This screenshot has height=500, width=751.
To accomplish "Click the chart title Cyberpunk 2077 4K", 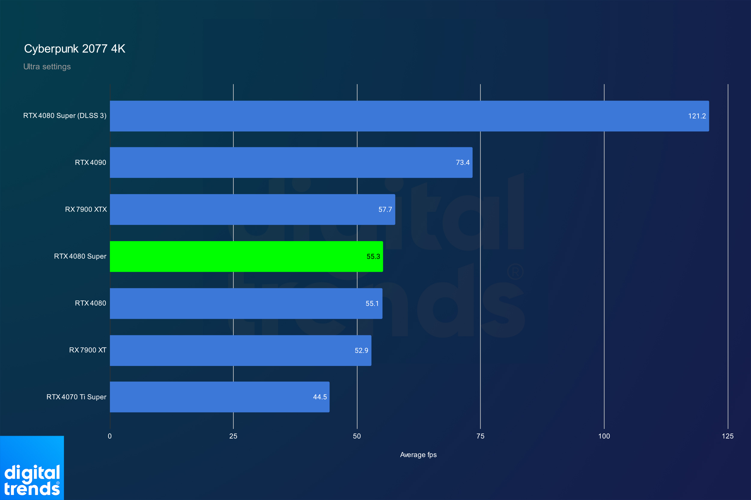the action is click(x=75, y=49).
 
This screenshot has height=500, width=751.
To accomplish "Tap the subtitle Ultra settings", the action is click(x=47, y=67).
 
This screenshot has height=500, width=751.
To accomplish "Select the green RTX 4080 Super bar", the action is click(x=246, y=256).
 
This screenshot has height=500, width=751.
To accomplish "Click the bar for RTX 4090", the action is click(x=291, y=162).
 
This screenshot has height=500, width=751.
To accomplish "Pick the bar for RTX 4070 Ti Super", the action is click(x=220, y=397).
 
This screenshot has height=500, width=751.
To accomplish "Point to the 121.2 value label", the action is click(x=697, y=116).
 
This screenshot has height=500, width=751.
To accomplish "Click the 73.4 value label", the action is click(x=463, y=163).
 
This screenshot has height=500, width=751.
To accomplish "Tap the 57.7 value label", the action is click(x=385, y=209).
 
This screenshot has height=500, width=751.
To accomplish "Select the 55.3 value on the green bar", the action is click(x=373, y=256).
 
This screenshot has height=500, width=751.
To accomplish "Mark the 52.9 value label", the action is click(x=361, y=350).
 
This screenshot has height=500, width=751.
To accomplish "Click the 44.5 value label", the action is click(x=320, y=397).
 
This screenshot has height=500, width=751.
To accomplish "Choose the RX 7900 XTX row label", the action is click(x=86, y=209).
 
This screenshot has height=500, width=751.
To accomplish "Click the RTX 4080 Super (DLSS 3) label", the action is click(x=65, y=116).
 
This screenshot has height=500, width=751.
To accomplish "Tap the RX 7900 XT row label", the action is click(x=88, y=350).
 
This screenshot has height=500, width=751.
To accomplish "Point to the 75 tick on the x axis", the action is click(x=480, y=436).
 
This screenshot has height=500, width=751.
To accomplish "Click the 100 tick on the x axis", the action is click(x=604, y=436).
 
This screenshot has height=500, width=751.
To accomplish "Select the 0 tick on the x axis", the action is click(x=110, y=436).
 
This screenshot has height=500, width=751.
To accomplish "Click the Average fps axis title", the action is click(x=418, y=455).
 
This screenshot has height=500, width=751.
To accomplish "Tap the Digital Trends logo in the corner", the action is click(x=32, y=468).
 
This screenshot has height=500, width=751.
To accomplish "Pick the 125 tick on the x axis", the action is click(x=728, y=436).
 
